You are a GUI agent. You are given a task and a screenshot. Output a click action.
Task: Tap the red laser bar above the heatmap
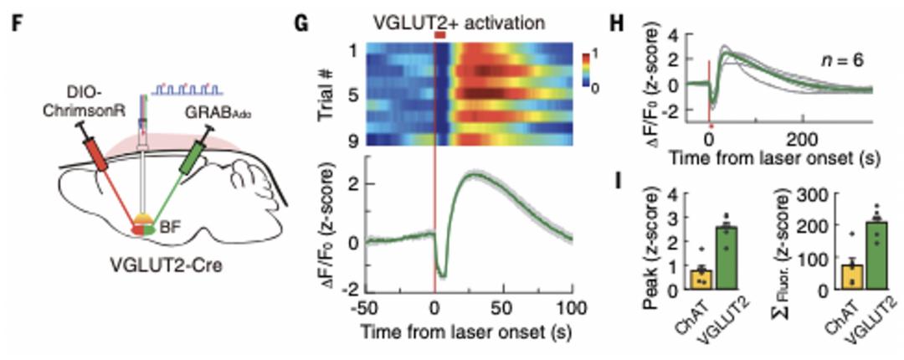[441, 36]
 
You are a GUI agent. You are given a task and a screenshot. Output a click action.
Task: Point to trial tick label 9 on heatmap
[352, 140]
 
